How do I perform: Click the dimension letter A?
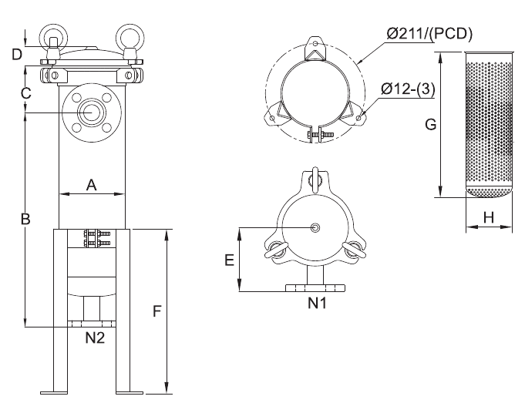click(x=91, y=185)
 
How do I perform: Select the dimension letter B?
click(x=25, y=219)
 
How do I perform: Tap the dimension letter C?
click(x=25, y=93)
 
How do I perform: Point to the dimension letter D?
click(x=17, y=54)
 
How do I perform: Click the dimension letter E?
click(x=229, y=260)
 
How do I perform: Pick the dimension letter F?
click(x=157, y=311)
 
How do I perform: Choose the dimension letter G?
click(x=431, y=125)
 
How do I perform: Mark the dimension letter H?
click(x=489, y=217)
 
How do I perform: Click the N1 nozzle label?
click(x=317, y=304)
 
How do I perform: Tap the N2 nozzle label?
click(x=95, y=338)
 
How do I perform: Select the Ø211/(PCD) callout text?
click(x=429, y=34)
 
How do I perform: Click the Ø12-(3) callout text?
click(x=408, y=89)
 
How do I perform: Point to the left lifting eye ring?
click(x=54, y=36)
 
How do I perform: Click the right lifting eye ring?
click(x=130, y=36)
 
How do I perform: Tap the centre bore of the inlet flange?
click(x=92, y=113)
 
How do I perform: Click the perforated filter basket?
click(x=490, y=124)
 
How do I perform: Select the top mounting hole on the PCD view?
click(x=315, y=43)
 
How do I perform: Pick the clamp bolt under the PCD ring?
click(x=321, y=135)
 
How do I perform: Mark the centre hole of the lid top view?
click(x=315, y=228)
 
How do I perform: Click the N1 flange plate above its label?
click(x=315, y=288)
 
